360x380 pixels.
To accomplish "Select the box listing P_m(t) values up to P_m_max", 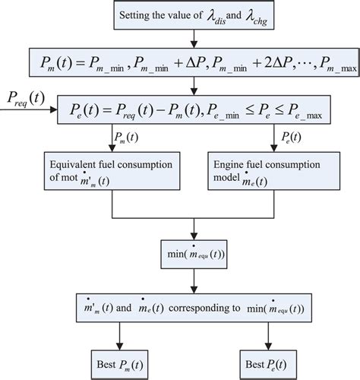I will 194,62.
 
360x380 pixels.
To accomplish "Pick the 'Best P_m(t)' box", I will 118,359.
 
